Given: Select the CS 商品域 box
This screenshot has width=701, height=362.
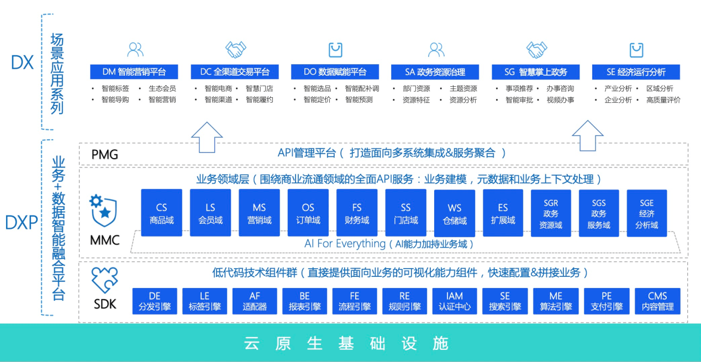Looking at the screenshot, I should pos(161,213).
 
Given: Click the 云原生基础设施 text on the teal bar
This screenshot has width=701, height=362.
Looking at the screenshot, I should pos(346,343).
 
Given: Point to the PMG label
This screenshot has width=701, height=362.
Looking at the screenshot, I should pos(105,154).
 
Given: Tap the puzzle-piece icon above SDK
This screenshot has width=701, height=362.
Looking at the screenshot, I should pos(104,280).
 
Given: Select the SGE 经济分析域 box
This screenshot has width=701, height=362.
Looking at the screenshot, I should pos(646,214).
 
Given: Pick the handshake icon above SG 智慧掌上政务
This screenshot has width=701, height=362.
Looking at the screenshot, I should pos(536,50).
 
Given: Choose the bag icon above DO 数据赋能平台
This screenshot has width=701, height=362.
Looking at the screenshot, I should pos(335,50).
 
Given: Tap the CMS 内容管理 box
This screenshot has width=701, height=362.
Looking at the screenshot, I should pos(657,301).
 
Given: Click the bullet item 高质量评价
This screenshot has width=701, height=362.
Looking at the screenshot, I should pos(663,100).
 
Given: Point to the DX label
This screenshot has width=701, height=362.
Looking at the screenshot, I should pos(22,62).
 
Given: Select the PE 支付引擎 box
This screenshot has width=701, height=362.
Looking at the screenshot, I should pos(607,301).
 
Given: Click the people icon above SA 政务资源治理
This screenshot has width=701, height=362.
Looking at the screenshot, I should pos(436,50).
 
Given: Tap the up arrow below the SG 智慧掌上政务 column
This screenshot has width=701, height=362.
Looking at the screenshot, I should pos(587,136).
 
